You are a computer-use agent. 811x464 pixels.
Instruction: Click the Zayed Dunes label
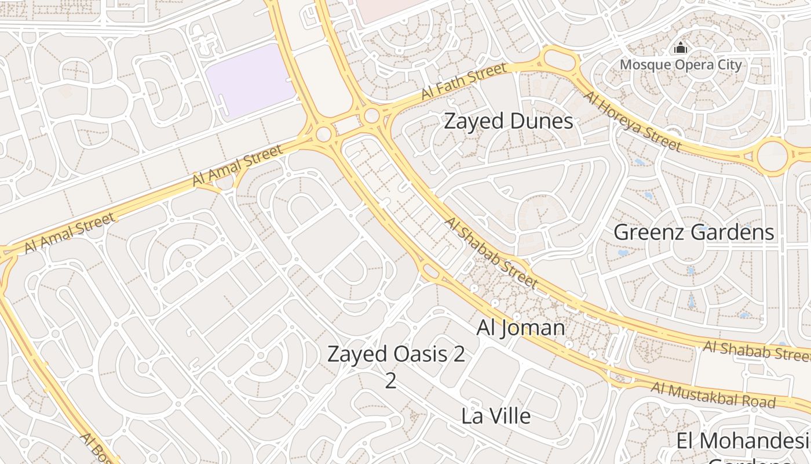click(508, 121)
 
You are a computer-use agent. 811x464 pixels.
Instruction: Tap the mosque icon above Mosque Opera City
click(681, 48)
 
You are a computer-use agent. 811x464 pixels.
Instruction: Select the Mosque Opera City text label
click(681, 64)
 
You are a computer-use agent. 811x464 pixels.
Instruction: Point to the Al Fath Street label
click(463, 82)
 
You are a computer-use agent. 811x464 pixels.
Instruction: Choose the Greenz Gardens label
click(693, 233)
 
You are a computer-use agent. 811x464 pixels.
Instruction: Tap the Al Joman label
click(520, 328)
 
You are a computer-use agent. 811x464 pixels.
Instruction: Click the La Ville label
click(496, 416)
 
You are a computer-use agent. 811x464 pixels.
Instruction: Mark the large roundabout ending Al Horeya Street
click(772, 155)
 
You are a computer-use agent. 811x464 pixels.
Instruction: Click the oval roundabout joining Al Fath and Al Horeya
click(558, 59)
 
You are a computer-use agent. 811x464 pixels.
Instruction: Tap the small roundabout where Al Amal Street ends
click(324, 135)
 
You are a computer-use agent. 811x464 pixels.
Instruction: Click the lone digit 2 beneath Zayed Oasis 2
click(391, 381)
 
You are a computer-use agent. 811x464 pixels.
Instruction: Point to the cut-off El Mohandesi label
click(743, 441)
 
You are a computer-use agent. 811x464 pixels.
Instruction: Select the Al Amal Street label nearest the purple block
click(238, 165)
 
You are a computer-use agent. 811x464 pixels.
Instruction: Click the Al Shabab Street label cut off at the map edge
click(756, 350)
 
